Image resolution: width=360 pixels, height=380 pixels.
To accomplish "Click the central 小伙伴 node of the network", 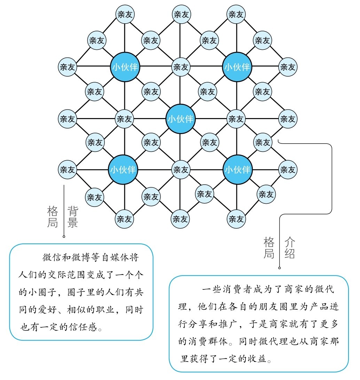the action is pyautogui.click(x=180, y=119).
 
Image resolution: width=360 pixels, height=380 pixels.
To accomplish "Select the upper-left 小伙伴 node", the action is pyautogui.click(x=125, y=67).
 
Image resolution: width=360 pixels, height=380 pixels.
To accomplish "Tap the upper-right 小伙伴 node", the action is pyautogui.click(x=237, y=67).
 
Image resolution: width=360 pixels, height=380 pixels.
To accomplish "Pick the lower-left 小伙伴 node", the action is pyautogui.click(x=123, y=170).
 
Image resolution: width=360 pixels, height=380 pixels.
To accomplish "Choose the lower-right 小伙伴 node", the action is pyautogui.click(x=237, y=170).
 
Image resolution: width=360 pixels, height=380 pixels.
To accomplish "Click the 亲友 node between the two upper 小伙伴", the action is pyautogui.click(x=181, y=67).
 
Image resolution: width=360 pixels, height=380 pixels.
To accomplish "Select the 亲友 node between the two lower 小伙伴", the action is pyautogui.click(x=181, y=170).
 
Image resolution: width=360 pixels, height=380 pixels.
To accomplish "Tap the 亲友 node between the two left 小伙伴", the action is pyautogui.click(x=124, y=119).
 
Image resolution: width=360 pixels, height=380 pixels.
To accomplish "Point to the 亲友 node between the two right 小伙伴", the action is pyautogui.click(x=236, y=119).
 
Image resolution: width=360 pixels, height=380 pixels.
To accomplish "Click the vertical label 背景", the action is pyautogui.click(x=73, y=217).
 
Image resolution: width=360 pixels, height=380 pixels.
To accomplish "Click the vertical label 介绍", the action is pyautogui.click(x=290, y=248).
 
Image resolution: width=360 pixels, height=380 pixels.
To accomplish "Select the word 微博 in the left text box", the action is pyautogui.click(x=81, y=257).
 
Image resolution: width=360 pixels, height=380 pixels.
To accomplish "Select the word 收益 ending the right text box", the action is pyautogui.click(x=257, y=358).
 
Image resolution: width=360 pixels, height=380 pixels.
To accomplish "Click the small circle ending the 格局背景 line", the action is pyautogui.click(x=64, y=236).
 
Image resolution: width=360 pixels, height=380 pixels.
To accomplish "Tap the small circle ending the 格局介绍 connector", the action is pyautogui.click(x=280, y=268).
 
